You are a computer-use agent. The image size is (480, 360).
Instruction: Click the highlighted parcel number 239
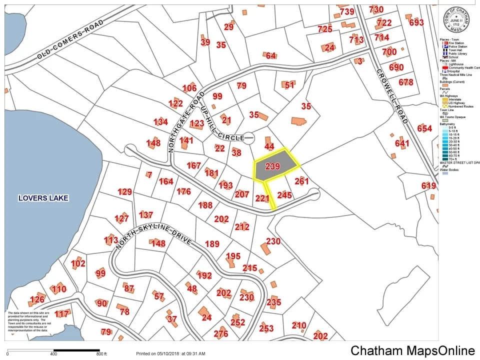(x=272, y=166)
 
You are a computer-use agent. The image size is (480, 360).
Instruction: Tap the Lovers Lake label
(x=43, y=198)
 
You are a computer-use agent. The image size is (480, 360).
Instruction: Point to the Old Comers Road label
(x=70, y=40)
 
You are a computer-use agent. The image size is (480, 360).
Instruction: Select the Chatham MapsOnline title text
(x=412, y=350)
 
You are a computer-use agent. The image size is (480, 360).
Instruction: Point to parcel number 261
(x=301, y=181)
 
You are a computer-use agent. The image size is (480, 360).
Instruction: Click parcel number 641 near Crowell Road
(x=402, y=143)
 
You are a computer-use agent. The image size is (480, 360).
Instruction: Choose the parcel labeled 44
(x=269, y=146)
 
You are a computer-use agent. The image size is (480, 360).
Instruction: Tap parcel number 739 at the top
(x=346, y=12)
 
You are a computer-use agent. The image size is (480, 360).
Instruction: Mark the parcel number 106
(x=189, y=88)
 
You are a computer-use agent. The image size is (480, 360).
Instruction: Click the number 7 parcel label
(x=149, y=174)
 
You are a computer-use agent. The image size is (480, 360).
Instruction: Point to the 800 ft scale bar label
(x=101, y=354)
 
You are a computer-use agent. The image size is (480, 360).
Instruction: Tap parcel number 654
(x=424, y=128)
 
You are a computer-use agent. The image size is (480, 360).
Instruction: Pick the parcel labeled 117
(x=61, y=314)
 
